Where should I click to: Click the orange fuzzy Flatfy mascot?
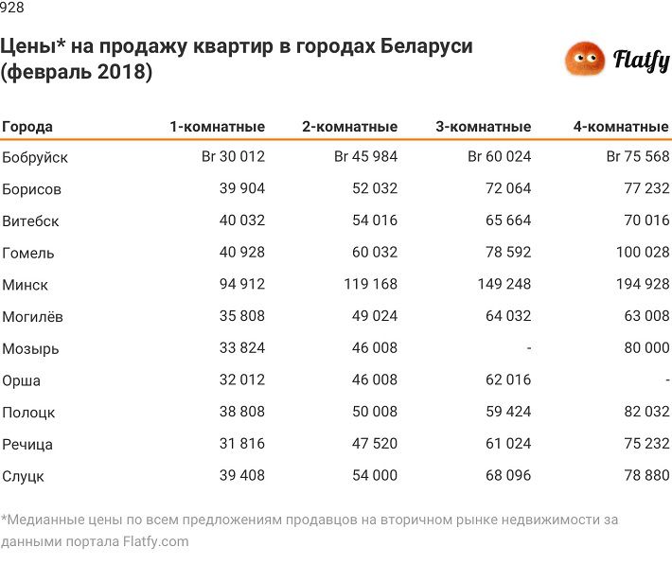[x=585, y=61]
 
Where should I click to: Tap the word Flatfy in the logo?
[x=641, y=62]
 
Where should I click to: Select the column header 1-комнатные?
[x=217, y=127]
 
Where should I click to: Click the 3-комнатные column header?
[x=483, y=127]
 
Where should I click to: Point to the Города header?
[x=27, y=127]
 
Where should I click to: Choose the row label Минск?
[x=26, y=285]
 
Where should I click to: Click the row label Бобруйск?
[x=35, y=157]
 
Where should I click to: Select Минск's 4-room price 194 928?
[x=637, y=285]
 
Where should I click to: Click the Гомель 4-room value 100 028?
[x=637, y=253]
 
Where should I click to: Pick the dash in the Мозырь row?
[x=528, y=348]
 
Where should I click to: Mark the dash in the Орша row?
[x=666, y=380]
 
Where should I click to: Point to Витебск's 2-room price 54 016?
[x=374, y=221]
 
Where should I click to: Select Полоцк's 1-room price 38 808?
[x=241, y=413]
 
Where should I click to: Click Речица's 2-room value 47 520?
[x=374, y=444]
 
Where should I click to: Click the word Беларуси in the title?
[x=427, y=46]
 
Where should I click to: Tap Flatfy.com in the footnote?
[x=155, y=542]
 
